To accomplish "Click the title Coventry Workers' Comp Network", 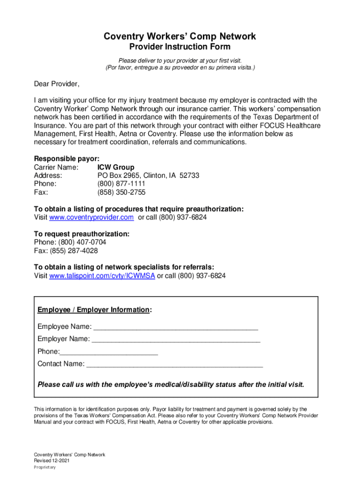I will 180,36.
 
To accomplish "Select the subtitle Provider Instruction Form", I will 180,47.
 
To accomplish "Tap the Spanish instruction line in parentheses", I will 180,68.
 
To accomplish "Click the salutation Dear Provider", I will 57,84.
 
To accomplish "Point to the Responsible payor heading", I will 66,159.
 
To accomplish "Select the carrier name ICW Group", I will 115,167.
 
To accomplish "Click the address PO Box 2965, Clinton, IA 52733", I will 148,175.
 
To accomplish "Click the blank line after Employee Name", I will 176,327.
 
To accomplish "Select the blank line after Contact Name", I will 175,364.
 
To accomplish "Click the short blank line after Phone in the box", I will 109,352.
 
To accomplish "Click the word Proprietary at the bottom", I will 45,467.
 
